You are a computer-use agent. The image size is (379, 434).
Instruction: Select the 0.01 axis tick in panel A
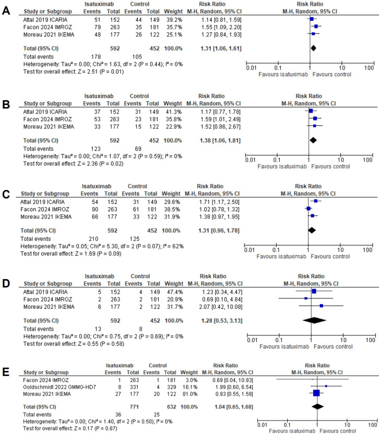pyautogui.click(x=251, y=68)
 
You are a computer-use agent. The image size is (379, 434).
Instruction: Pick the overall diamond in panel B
pyautogui.click(x=313, y=139)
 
